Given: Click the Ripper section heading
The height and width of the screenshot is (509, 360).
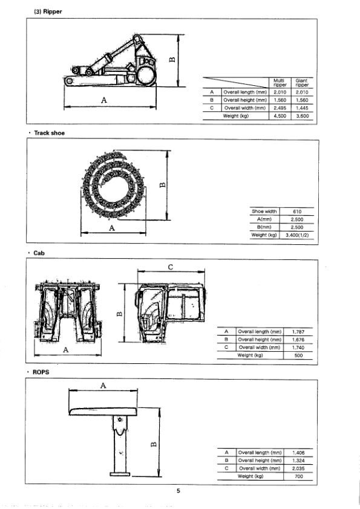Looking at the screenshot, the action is coord(48,11).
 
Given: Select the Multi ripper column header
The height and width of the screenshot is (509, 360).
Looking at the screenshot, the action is coord(279,82).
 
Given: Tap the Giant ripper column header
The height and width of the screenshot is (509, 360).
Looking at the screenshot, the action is coord(302,82).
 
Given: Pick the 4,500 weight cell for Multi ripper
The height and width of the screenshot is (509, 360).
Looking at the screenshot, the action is coord(280,116).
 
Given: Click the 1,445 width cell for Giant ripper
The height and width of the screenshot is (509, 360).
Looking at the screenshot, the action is coord(302,108).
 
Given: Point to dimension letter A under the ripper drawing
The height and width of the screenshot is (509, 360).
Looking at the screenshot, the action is coord(104,100).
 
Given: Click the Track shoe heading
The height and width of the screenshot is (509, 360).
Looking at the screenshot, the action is coord(49,133).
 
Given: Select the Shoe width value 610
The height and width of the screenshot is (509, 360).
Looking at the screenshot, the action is coord(297,212).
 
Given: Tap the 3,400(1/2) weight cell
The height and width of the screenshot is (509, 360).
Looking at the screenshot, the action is coord(297,235).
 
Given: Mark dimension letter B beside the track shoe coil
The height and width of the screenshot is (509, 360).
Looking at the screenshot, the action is coord(163,185).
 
